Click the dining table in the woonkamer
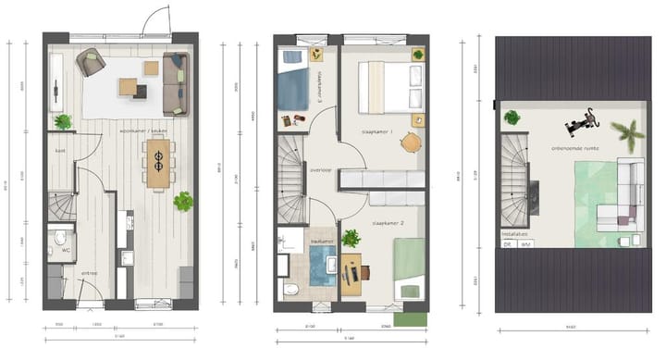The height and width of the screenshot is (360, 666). (158, 163)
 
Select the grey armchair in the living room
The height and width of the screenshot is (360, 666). (90, 62)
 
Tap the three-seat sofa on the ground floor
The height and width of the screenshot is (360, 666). (175, 82)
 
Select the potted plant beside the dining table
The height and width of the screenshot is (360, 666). (183, 201)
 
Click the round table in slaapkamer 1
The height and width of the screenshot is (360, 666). (410, 143)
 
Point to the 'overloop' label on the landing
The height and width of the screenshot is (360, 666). (320, 170)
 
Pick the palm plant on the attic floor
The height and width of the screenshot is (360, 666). (628, 136)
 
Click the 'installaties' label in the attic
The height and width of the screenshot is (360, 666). (514, 235)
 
